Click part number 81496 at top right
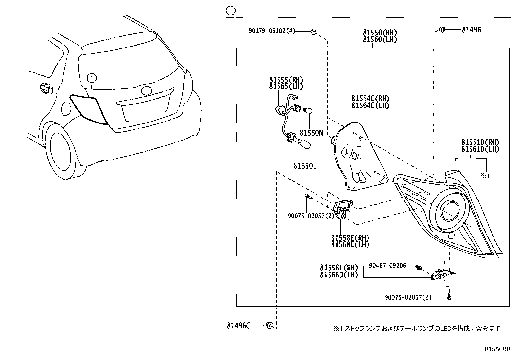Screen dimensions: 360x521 [471, 30]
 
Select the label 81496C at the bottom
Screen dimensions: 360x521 [239, 326]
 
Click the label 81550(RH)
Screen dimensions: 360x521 [380, 33]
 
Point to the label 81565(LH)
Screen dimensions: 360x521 [286, 86]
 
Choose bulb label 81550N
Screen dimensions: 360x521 [311, 133]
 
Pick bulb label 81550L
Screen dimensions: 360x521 [305, 166]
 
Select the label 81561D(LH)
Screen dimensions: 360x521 [480, 149]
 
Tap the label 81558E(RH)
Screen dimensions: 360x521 [350, 238]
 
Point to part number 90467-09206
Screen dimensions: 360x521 [387, 266]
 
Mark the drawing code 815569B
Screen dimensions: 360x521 [497, 349]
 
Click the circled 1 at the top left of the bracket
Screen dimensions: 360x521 [231, 11]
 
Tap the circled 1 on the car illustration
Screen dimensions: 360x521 [92, 78]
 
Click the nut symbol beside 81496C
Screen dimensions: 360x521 [270, 325]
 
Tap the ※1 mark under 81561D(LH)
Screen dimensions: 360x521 [484, 176]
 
